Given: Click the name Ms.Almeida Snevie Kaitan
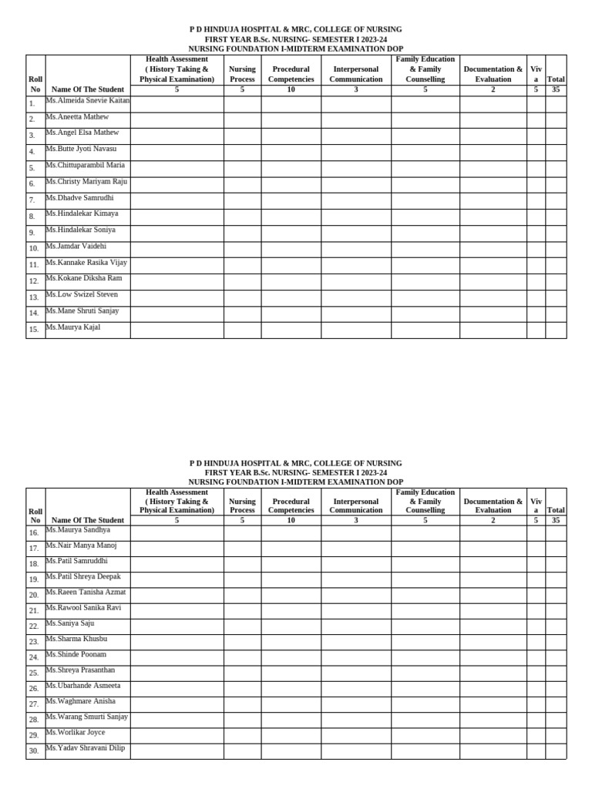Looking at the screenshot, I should tap(88, 101).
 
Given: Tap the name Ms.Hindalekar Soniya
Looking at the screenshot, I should tap(81, 230).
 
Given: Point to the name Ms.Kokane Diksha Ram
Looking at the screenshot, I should tap(84, 278).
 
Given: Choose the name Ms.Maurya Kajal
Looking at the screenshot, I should tap(73, 327).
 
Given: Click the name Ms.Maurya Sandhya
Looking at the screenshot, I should tap(78, 529).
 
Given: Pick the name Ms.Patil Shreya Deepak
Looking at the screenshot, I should tap(83, 576).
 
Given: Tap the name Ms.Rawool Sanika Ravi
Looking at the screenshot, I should tap(83, 608).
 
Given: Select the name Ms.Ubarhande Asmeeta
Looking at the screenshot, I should tap(83, 685).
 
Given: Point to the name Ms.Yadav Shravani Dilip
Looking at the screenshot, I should tap(85, 747).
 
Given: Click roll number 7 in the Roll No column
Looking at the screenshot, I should tap(32, 200).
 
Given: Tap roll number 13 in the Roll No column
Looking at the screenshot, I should tap(34, 297).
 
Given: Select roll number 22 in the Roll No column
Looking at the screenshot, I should tap(34, 626).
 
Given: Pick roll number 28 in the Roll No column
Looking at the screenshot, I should tap(34, 720).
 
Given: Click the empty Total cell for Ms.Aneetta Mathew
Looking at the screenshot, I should tap(556, 120).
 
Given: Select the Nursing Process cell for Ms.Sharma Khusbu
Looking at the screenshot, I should tap(242, 642).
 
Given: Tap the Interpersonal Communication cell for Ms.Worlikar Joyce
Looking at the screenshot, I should tap(355, 735).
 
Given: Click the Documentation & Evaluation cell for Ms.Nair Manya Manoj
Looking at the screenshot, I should tap(493, 549).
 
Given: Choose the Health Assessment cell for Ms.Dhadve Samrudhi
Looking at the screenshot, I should tap(177, 201).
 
